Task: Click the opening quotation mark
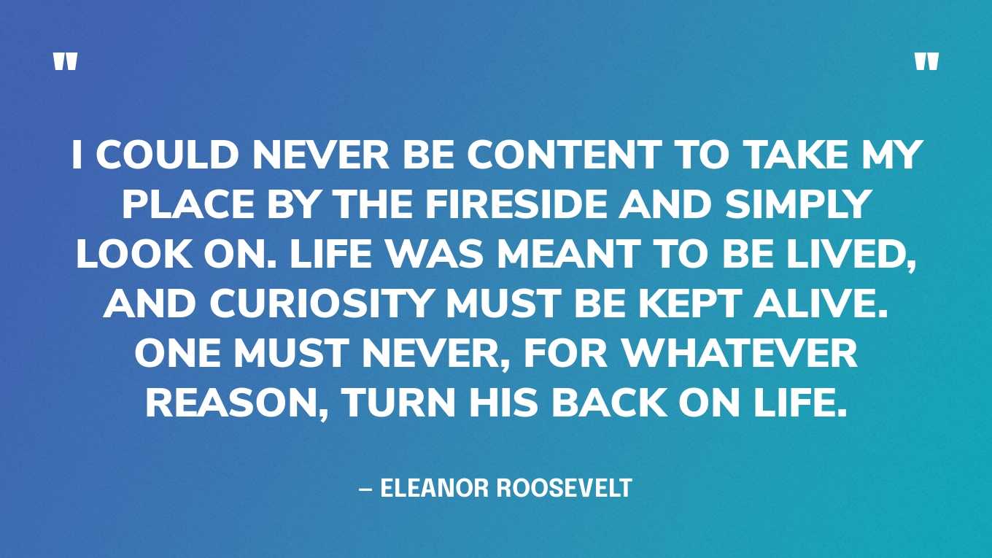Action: pyautogui.click(x=65, y=63)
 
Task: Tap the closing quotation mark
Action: pyautogui.click(x=926, y=63)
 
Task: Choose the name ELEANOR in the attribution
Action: pyautogui.click(x=434, y=488)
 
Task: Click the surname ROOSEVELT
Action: pyautogui.click(x=563, y=488)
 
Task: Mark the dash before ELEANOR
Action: pyautogui.click(x=365, y=488)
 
